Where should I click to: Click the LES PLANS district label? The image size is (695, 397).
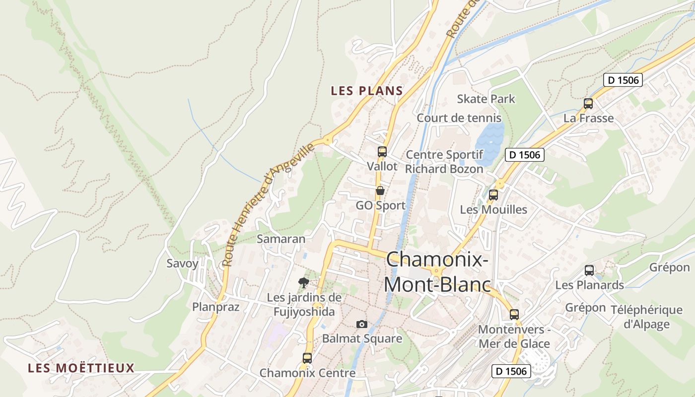(x=367, y=91)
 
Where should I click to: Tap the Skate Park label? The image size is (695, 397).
(x=486, y=99)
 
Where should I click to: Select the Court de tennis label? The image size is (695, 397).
(x=459, y=118)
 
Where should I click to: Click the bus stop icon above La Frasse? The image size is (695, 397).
(x=588, y=104)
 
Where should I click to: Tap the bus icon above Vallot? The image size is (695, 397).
(x=382, y=152)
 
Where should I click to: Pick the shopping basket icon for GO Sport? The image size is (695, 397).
(x=380, y=191)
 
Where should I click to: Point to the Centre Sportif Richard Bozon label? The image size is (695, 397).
(x=444, y=162)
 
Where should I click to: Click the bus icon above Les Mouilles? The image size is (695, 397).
(x=493, y=195)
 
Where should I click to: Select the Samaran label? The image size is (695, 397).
(x=281, y=239)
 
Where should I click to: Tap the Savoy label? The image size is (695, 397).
(x=182, y=263)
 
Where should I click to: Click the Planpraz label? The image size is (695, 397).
(x=216, y=307)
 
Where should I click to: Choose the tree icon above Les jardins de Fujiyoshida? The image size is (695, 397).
(x=304, y=283)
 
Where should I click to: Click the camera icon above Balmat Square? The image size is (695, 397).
(x=362, y=324)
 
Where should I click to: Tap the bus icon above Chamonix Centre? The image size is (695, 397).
(x=307, y=358)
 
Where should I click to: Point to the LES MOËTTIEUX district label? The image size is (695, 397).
(x=81, y=368)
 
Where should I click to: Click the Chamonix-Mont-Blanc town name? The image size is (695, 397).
(x=437, y=272)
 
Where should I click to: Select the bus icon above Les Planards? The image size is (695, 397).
(x=589, y=270)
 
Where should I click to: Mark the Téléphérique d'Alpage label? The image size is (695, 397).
(x=646, y=317)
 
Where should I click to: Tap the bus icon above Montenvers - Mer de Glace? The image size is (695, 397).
(x=514, y=314)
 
